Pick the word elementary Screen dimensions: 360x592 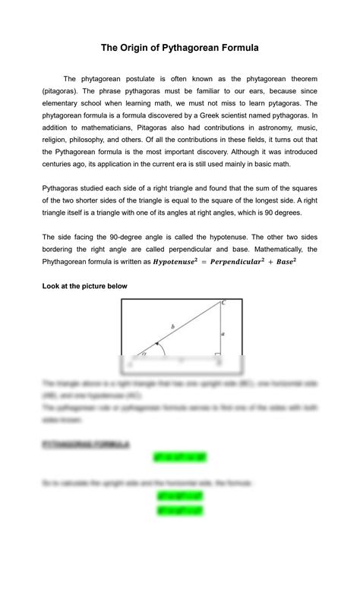click(x=65, y=103)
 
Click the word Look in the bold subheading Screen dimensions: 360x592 click(x=52, y=286)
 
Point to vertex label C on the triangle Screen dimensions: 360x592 click(x=223, y=303)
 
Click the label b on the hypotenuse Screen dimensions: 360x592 click(x=172, y=326)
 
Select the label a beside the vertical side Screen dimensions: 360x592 click(x=223, y=332)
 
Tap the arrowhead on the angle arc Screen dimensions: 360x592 click(x=157, y=345)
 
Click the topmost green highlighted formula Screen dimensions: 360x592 click(x=180, y=458)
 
